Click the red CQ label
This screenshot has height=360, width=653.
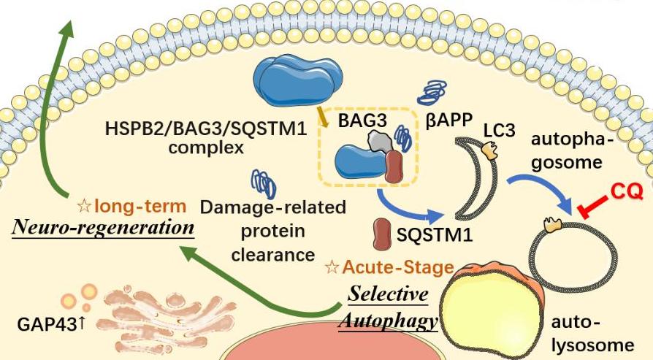tap(626, 192)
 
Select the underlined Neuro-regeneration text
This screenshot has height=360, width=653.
tap(103, 228)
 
